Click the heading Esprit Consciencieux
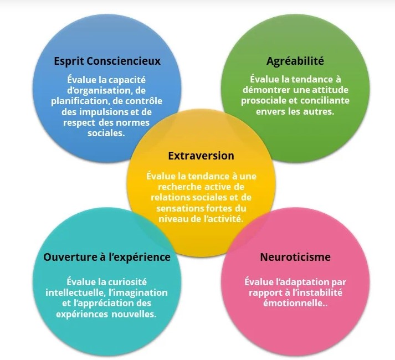[x=107, y=61]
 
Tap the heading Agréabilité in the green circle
[x=295, y=61]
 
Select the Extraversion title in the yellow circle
[x=201, y=156]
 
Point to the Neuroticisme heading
[x=295, y=257]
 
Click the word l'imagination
[x=138, y=292]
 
